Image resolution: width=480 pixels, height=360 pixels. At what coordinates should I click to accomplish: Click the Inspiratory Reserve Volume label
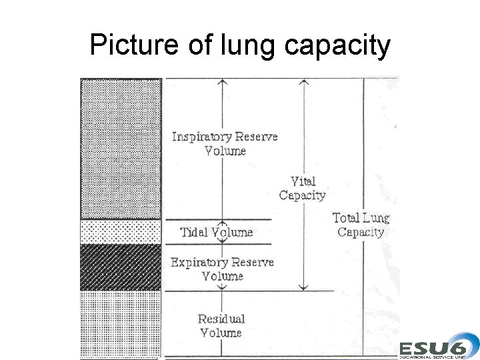click(225, 143)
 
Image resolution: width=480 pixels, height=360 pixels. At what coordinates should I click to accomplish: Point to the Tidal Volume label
click(217, 233)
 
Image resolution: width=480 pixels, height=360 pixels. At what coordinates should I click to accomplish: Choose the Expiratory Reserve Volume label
click(222, 269)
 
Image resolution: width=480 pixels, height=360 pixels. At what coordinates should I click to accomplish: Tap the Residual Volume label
click(221, 325)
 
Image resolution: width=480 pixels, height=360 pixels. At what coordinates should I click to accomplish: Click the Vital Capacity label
click(302, 188)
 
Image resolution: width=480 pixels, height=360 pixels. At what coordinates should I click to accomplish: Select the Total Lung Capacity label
click(361, 225)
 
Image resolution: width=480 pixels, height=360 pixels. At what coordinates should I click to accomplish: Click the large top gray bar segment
click(121, 148)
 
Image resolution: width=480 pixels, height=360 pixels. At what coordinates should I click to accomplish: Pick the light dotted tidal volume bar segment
click(121, 232)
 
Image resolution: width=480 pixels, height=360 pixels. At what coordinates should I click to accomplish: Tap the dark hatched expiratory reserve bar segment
click(121, 267)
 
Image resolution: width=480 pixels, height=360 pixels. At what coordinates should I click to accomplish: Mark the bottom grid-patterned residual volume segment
click(121, 324)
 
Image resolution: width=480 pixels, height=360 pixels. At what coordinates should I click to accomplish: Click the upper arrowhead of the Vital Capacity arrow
click(303, 81)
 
